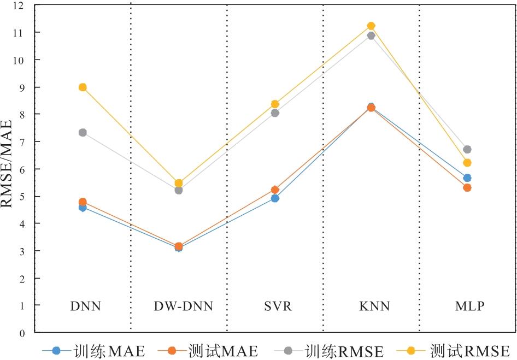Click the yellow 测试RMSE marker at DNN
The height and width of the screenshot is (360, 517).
point(83,87)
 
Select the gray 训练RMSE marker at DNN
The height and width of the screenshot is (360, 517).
point(83,133)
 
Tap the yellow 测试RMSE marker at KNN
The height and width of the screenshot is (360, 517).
point(371,26)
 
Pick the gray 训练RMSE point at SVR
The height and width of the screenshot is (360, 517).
point(275,113)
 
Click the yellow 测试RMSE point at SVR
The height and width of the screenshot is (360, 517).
point(275,104)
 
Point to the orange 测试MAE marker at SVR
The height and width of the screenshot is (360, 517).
point(275,190)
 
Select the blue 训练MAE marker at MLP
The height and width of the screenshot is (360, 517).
point(467,178)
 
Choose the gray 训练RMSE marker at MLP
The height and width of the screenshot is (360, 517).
point(467,149)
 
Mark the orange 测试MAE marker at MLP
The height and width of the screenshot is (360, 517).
point(467,187)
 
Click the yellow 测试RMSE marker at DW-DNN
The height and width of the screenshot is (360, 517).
point(179,183)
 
